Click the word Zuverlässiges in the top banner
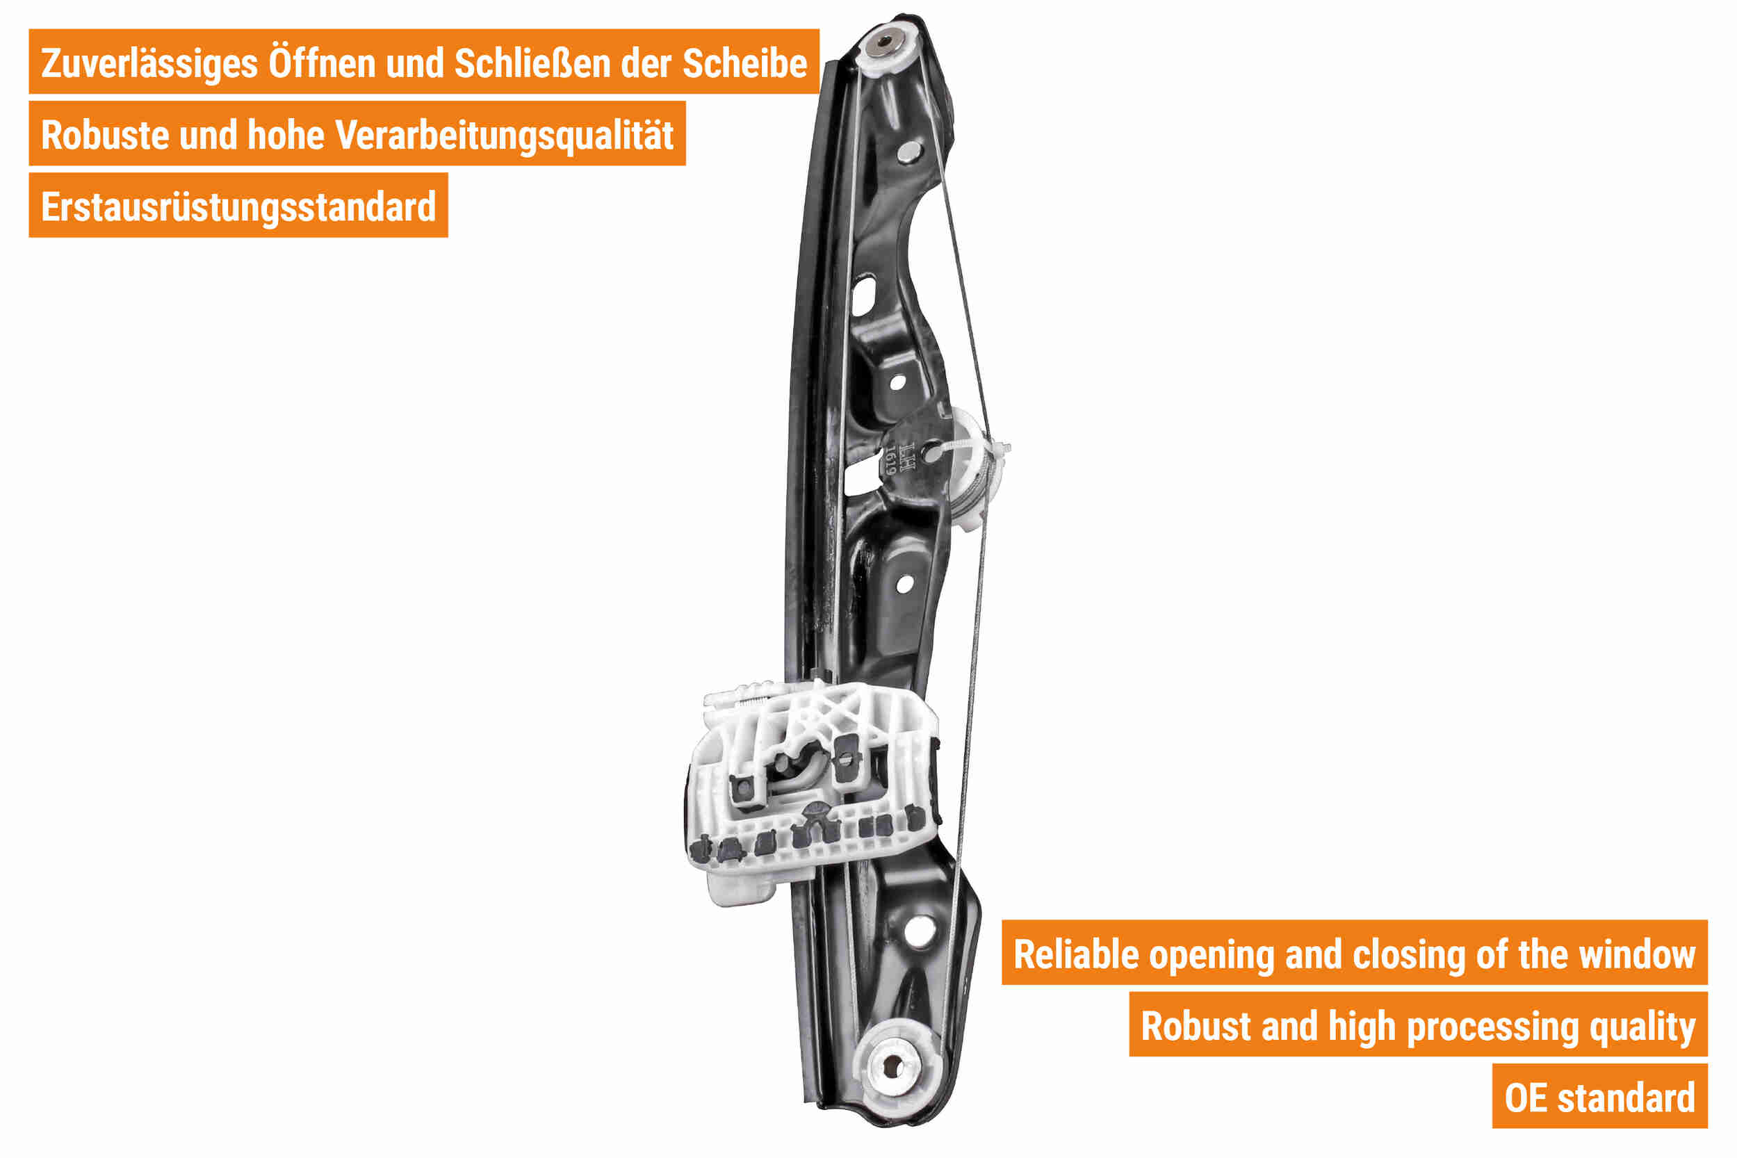point(149,63)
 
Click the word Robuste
point(104,135)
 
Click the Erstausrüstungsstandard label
point(238,207)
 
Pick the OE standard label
point(1599,1098)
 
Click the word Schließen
point(532,63)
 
